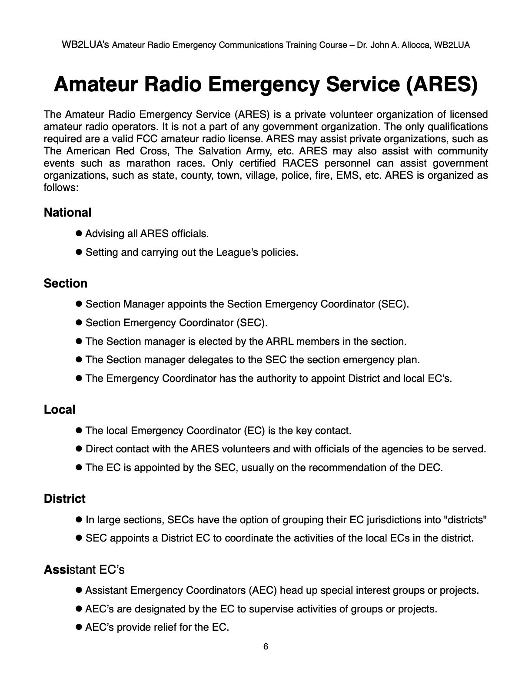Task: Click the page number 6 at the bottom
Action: (266, 647)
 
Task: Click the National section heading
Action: (67, 213)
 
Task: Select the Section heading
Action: (66, 284)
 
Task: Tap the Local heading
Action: (60, 410)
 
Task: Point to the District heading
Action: (65, 499)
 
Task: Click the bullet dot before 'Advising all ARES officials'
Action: (79, 234)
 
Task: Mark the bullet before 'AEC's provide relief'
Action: (79, 627)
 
